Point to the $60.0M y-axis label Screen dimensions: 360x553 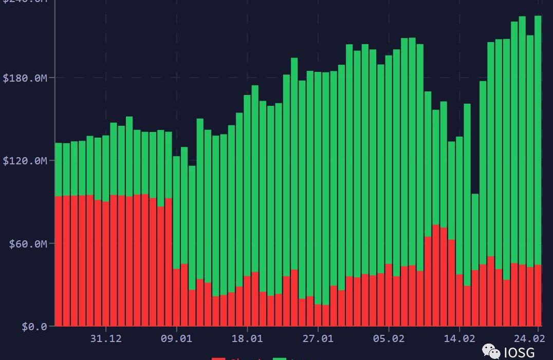[x=28, y=244]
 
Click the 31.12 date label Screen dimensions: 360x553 [x=106, y=339]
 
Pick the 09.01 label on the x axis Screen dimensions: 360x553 [x=177, y=339]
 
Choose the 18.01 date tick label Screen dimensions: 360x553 [x=247, y=339]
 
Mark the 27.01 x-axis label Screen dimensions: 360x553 [x=318, y=339]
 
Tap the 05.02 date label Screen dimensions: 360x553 [x=389, y=339]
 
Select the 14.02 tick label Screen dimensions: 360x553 [x=459, y=339]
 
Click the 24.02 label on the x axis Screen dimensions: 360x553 [x=529, y=339]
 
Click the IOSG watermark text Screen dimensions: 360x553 [x=519, y=352]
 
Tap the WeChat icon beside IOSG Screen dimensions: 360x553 [x=491, y=352]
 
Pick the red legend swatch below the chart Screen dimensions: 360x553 [x=218, y=358]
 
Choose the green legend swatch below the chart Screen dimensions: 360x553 [x=280, y=358]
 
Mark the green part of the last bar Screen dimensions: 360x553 [x=538, y=139]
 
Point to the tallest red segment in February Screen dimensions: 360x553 [x=436, y=275]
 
